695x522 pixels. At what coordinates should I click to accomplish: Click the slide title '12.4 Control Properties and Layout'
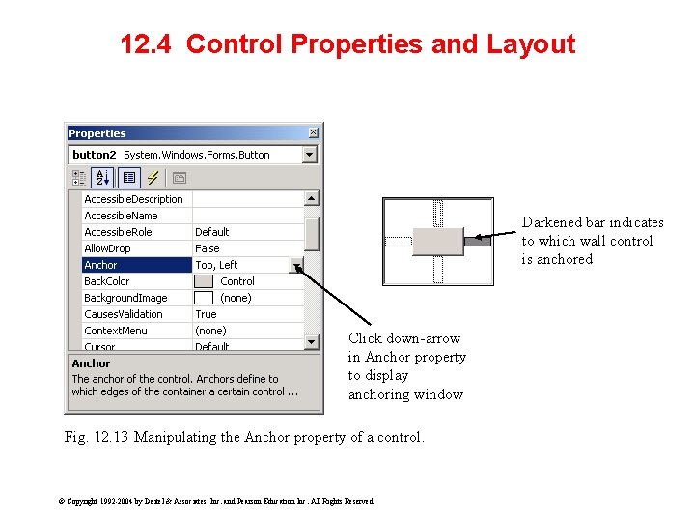point(347,44)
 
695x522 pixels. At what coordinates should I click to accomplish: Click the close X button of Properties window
point(313,132)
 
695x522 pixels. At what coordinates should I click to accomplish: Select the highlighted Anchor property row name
point(101,265)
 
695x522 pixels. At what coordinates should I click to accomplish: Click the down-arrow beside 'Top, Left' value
point(296,266)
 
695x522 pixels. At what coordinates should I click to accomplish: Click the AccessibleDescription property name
point(133,199)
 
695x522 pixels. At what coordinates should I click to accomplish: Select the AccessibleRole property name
point(118,232)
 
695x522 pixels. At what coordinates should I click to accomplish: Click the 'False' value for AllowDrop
point(208,248)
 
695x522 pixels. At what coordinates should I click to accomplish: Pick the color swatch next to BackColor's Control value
point(204,281)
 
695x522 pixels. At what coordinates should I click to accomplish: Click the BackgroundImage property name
point(125,298)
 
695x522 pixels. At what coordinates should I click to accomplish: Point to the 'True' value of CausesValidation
point(206,314)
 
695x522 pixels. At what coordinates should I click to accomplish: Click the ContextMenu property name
point(116,331)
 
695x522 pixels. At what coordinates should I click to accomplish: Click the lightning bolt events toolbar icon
point(153,178)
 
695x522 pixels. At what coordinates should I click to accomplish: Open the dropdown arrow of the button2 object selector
point(309,155)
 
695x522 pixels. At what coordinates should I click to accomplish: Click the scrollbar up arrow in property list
point(312,198)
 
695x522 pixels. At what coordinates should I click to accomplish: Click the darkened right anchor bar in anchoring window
point(477,241)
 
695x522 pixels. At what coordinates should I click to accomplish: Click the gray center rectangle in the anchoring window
point(437,242)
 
